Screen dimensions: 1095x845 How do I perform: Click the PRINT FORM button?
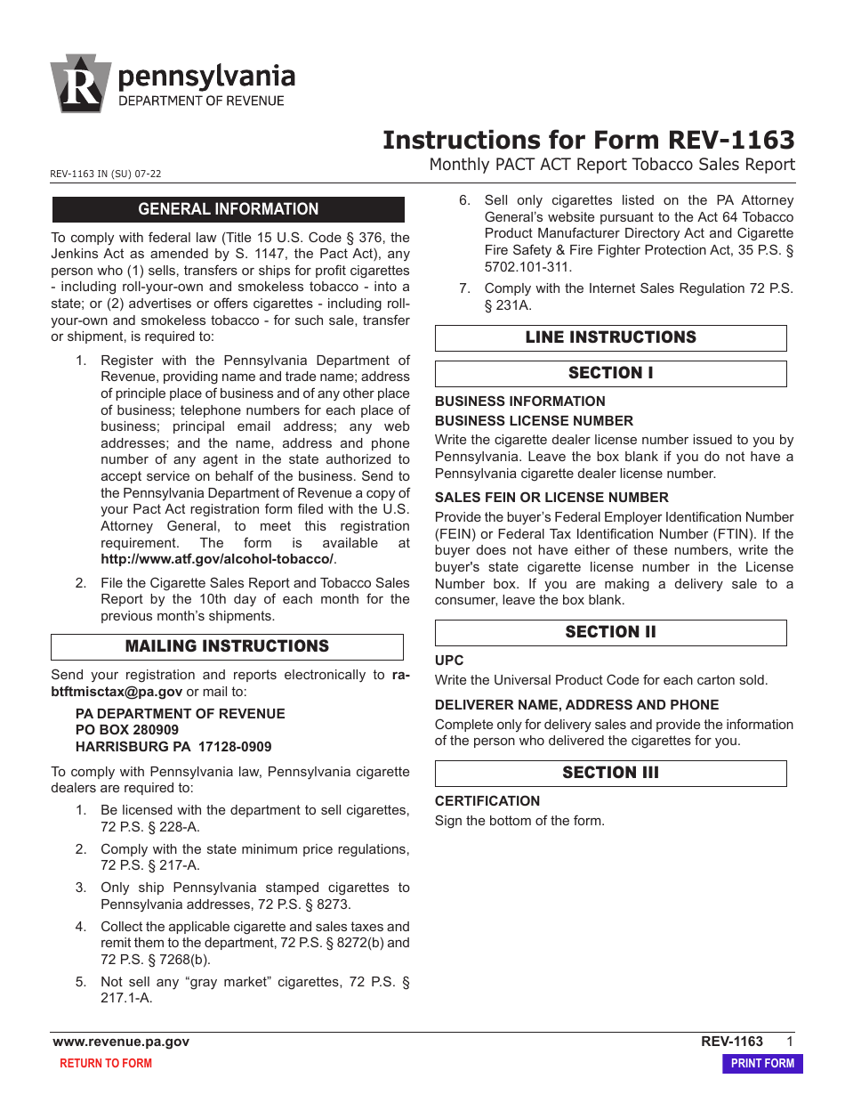click(762, 1063)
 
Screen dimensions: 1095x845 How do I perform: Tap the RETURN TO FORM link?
click(105, 1063)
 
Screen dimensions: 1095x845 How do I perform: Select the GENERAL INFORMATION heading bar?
click(228, 209)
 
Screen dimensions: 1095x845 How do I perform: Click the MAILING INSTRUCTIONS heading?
click(227, 646)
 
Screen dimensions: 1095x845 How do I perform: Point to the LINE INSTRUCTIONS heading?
click(610, 337)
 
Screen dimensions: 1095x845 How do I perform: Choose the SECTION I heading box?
click(610, 373)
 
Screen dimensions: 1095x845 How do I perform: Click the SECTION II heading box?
click(610, 632)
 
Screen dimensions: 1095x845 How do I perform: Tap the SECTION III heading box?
click(610, 773)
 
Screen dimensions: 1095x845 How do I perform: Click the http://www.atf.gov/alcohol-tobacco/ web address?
click(217, 559)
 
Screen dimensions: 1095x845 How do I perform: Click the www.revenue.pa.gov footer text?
click(121, 1042)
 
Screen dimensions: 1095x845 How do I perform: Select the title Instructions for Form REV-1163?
click(588, 140)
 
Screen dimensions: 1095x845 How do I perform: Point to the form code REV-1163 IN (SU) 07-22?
click(106, 174)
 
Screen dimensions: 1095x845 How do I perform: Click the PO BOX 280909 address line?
click(126, 730)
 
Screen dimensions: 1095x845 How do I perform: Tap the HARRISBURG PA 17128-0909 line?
click(173, 747)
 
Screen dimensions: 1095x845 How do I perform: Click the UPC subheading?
click(449, 661)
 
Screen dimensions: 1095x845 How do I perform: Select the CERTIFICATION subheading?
click(487, 801)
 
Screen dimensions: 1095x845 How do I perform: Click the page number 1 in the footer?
click(789, 1042)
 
